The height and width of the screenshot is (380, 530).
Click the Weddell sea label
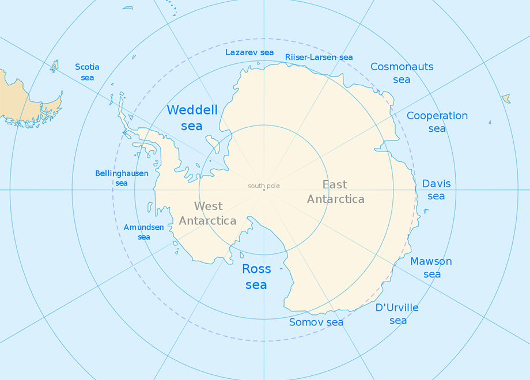192,117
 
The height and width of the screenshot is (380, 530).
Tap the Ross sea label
256,276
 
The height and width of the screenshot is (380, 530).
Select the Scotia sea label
87,72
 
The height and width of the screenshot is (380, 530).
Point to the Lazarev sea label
249,52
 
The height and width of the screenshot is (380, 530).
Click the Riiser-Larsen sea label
319,57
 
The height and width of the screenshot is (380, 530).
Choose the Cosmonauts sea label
402,73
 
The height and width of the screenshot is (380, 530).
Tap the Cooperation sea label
437,122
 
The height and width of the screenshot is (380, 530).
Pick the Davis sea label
436,190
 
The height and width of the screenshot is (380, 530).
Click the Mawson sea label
431,268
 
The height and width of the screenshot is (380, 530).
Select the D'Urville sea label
397,314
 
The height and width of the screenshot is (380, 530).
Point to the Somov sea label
316,322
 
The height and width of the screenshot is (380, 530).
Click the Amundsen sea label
143,232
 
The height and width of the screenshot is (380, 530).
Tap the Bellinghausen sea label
122,178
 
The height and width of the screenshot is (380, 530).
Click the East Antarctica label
335,192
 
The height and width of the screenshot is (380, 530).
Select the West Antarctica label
207,213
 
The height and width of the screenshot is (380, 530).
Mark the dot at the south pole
264,190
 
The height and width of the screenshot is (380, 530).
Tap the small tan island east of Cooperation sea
506,98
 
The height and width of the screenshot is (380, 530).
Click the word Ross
256,269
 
